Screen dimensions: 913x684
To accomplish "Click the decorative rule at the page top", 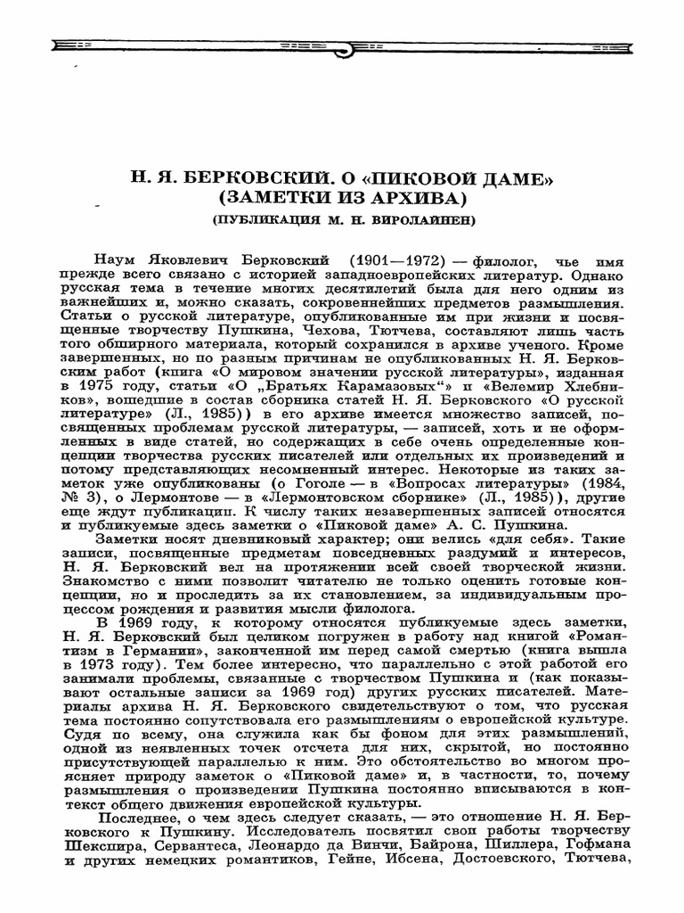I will point(342,44).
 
